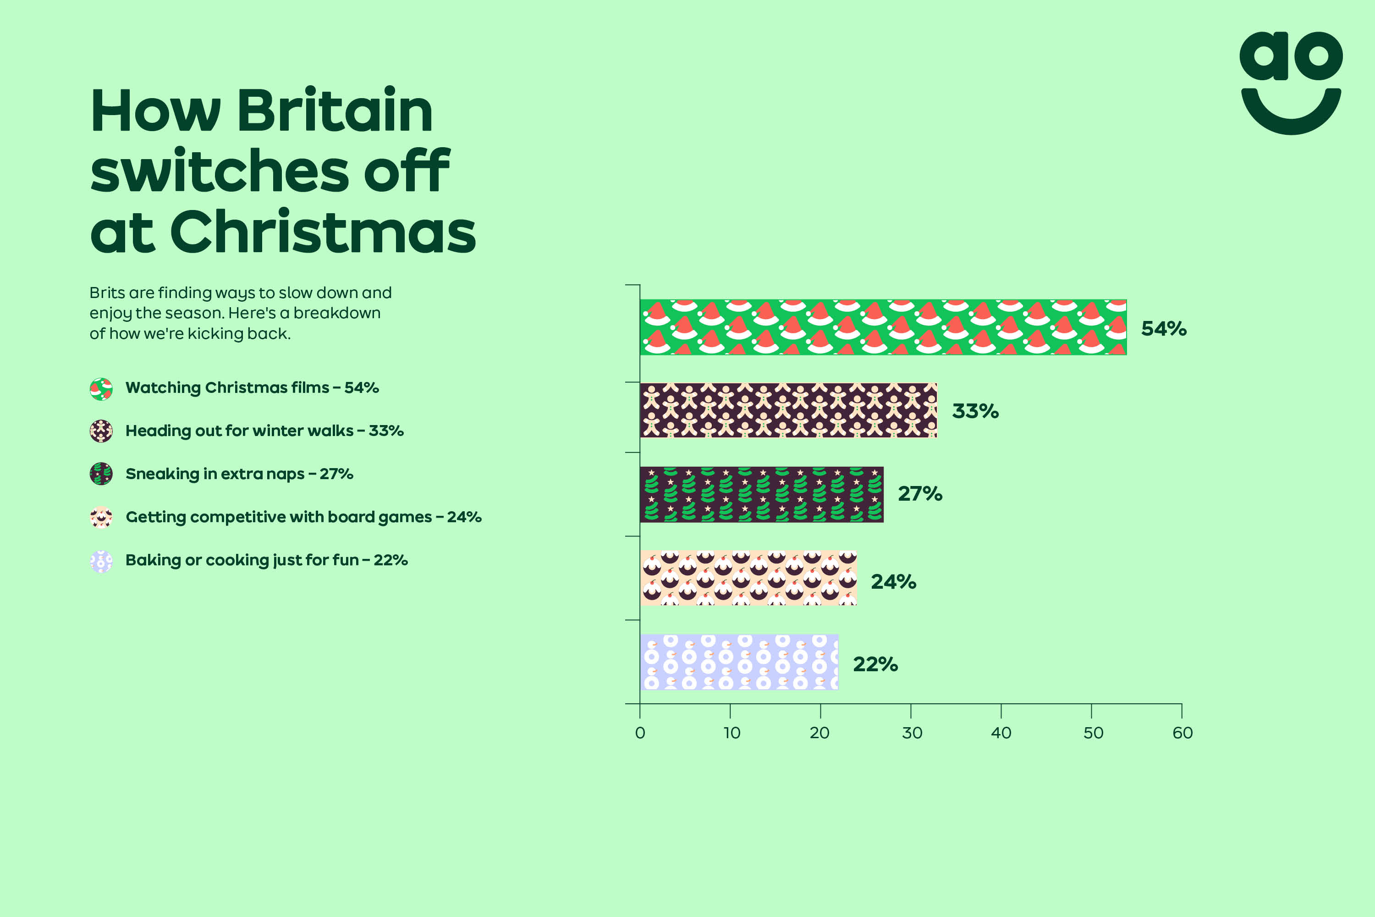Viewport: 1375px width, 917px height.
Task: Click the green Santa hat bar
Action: tap(883, 327)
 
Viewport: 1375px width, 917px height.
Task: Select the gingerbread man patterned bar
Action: tap(788, 410)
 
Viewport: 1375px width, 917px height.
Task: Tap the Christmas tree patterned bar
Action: tap(761, 494)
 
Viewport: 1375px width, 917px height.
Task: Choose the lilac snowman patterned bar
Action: tap(739, 662)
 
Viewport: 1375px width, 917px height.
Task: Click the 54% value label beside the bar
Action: tap(1163, 329)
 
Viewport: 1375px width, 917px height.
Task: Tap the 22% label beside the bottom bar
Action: tap(875, 664)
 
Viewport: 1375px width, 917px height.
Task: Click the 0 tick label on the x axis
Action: tap(640, 733)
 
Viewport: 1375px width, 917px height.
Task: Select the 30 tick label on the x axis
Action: tap(912, 733)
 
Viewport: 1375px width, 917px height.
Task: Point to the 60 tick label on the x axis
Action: tap(1182, 733)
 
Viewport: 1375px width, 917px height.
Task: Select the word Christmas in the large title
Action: tap(323, 232)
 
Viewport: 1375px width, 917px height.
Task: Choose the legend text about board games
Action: tap(303, 517)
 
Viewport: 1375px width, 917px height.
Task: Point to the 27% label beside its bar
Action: tap(919, 494)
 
